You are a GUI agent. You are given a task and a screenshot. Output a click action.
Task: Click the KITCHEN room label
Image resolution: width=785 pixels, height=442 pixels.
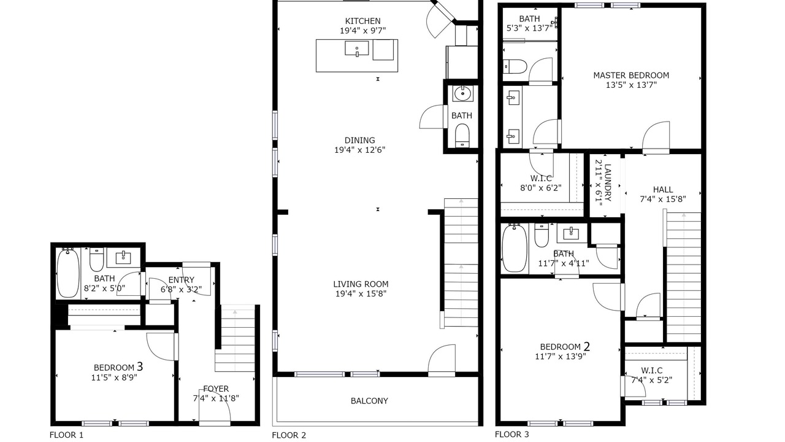click(x=362, y=21)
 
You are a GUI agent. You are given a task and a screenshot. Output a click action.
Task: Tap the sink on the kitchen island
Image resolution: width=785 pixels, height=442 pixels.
click(x=357, y=48)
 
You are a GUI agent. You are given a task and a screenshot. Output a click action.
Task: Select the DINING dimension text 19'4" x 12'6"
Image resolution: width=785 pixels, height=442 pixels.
click(x=360, y=150)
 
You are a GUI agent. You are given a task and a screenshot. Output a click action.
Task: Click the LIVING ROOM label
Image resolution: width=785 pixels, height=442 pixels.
click(x=361, y=284)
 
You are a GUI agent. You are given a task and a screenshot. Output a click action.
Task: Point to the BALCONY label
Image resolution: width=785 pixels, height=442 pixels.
click(x=369, y=401)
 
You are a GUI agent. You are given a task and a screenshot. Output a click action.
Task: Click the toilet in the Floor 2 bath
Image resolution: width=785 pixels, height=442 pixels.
click(x=462, y=136)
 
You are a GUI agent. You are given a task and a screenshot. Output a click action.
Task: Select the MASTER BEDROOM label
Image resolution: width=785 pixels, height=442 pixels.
click(x=631, y=76)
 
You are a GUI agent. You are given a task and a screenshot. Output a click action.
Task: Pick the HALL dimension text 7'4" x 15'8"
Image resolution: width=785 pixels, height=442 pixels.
click(x=663, y=200)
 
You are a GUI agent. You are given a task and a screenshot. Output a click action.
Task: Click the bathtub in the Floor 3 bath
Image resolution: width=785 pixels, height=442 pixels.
click(x=515, y=248)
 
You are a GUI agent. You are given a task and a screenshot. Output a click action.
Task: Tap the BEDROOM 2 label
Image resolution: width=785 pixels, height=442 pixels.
click(x=565, y=347)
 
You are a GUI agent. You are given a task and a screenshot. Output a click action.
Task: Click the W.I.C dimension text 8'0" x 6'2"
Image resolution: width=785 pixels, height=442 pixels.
click(x=541, y=188)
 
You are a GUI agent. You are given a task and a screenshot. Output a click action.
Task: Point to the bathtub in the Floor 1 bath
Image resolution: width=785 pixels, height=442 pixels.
click(x=68, y=273)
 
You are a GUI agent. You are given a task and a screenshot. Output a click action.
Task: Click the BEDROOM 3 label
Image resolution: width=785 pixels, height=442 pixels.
click(x=118, y=367)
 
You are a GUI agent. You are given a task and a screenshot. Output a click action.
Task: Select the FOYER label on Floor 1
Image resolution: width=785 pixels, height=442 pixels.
click(x=216, y=389)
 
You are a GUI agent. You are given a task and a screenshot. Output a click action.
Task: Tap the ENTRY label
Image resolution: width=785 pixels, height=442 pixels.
click(x=181, y=280)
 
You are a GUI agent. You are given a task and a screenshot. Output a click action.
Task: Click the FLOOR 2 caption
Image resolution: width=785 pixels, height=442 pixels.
click(x=289, y=435)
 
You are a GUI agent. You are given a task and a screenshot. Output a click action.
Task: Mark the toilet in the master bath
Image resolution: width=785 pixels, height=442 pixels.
click(x=515, y=66)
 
